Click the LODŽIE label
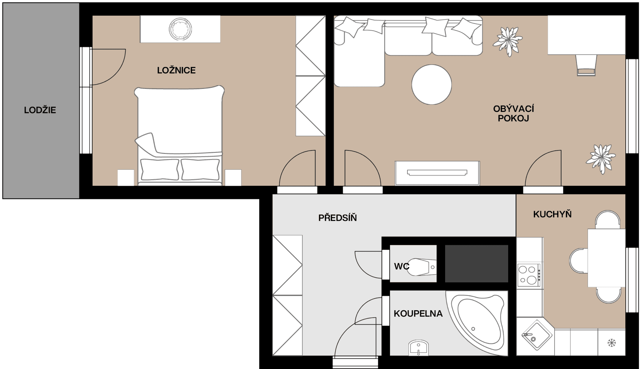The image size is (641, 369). [40, 110]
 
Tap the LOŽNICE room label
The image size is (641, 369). [176, 70]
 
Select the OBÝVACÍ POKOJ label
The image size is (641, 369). [513, 113]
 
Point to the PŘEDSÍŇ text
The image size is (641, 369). [337, 217]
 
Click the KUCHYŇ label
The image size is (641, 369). [552, 214]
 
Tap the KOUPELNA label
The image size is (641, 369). [418, 313]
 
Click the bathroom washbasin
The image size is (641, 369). [419, 347]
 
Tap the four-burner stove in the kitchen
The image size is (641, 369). [528, 275]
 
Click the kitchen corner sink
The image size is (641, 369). [534, 335]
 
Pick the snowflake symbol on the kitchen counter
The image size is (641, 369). [611, 343]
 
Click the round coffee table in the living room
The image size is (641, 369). [432, 84]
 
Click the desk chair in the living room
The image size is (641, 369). [586, 65]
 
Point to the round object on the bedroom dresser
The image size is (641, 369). [180, 29]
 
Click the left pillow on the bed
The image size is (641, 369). [160, 169]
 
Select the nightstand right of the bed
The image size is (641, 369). [233, 177]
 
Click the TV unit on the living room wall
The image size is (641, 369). [437, 173]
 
